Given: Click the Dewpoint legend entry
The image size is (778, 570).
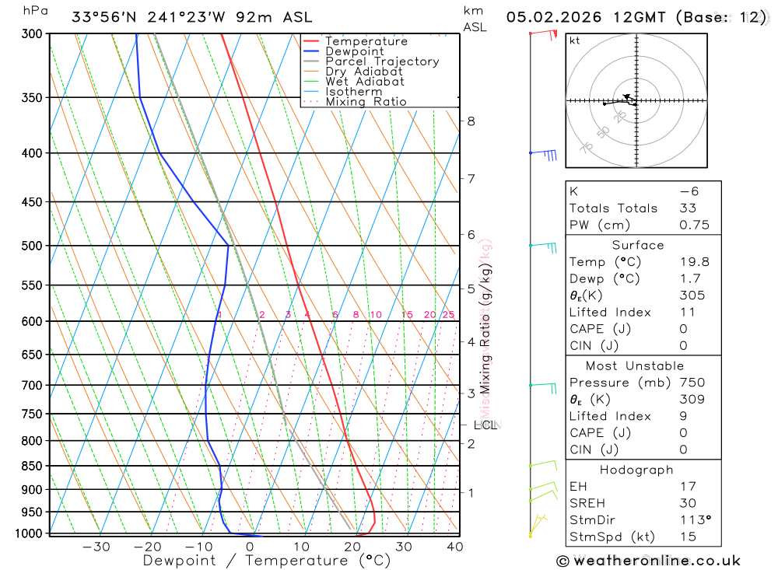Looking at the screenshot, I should (x=354, y=51).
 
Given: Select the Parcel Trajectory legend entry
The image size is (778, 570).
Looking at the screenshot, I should (x=381, y=61).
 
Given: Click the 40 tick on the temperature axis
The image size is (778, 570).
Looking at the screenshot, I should (x=455, y=547).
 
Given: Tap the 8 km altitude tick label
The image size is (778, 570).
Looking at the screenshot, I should (x=471, y=121).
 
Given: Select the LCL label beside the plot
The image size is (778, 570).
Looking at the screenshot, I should (x=485, y=425).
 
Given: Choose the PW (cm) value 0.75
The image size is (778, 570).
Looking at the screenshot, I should (x=694, y=225).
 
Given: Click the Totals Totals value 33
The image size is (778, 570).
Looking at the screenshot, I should (x=687, y=208).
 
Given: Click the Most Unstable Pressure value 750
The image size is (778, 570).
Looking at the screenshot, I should (x=692, y=383).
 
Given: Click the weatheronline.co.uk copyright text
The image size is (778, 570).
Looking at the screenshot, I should (x=649, y=561).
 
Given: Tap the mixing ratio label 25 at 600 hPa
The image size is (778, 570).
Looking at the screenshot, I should (x=448, y=315).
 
